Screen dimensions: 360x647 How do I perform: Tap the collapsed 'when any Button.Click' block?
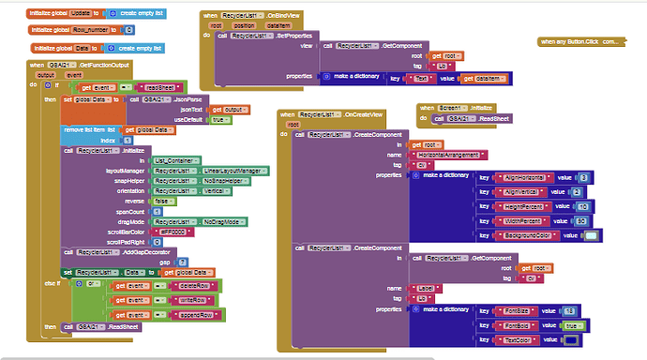[x=579, y=42]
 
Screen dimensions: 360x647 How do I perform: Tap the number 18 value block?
[x=568, y=309]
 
